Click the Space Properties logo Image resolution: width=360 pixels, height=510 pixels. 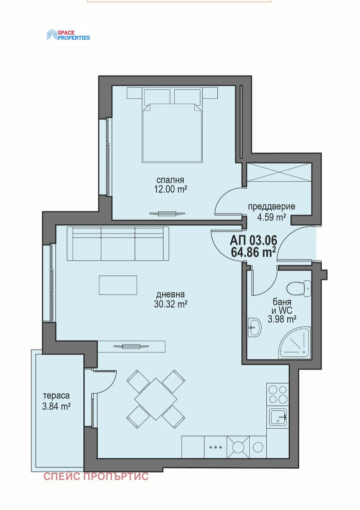click(68, 35)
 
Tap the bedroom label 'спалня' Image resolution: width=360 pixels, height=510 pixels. click(170, 180)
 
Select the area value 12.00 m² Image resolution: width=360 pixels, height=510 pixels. click(170, 190)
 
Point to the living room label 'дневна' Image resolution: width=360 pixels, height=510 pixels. click(170, 294)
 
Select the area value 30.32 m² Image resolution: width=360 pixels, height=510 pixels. click(170, 304)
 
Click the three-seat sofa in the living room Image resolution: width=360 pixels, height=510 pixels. click(118, 244)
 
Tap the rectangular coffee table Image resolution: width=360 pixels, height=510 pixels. click(118, 285)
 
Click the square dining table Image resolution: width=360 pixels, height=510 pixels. click(156, 399)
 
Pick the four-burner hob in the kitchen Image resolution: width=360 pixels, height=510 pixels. click(278, 394)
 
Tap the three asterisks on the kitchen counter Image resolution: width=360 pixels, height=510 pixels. click(215, 447)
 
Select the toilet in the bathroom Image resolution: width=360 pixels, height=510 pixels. click(299, 288)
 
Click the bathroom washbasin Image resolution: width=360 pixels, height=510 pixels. click(255, 327)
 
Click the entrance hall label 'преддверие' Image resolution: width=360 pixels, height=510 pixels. click(271, 207)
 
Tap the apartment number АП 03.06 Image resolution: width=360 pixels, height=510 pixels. click(253, 240)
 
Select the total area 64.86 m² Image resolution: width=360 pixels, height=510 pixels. click(253, 253)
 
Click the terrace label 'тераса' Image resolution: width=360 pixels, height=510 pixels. click(56, 396)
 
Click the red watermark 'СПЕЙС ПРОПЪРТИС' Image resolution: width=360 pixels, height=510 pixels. click(96, 477)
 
